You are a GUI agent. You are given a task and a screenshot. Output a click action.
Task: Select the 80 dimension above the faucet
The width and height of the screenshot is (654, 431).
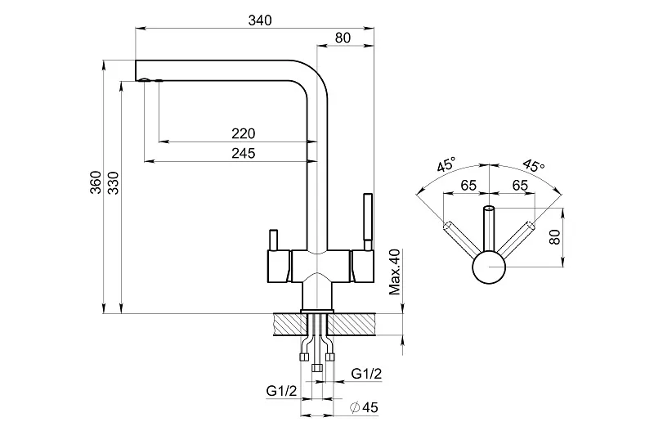click(343, 37)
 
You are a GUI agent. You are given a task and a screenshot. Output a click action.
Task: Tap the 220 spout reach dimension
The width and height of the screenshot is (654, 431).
click(243, 133)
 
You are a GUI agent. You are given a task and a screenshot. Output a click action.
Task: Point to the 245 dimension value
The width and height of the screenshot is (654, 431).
click(243, 153)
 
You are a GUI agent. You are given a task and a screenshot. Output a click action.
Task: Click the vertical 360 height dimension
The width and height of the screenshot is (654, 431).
click(96, 182)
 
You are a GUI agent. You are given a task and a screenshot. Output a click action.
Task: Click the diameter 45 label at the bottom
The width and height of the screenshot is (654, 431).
click(364, 407)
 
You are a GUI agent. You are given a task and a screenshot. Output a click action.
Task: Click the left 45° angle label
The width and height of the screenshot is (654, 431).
click(446, 164)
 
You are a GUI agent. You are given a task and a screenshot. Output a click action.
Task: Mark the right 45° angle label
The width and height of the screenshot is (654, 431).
click(532, 164)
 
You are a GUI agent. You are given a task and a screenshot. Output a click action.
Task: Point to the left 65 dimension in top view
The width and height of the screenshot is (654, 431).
click(468, 186)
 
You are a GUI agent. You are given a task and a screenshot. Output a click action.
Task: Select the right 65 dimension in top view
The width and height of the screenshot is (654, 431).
click(518, 186)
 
